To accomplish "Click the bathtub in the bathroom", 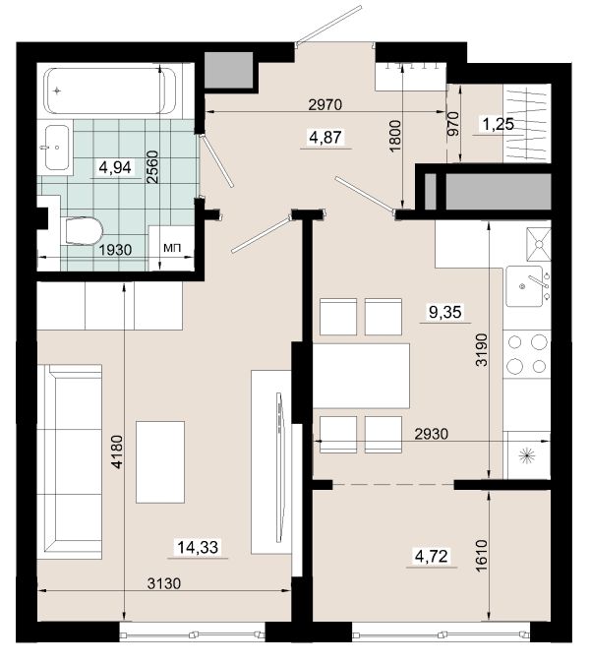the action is pos(109,90).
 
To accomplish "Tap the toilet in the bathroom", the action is pos(85,231).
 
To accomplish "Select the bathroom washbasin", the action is pos(57,148).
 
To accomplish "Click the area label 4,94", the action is pos(115,167).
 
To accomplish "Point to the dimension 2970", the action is pos(324,104).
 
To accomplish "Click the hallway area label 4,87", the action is pos(325,137).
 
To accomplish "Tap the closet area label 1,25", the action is pos(499,124).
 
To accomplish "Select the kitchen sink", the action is pos(525,286).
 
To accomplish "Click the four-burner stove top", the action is pos(527,354).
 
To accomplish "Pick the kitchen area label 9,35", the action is pos(445,312).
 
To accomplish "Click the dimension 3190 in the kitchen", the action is pos(482,349).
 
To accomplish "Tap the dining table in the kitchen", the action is pos(361,376).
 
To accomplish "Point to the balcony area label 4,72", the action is pos(431,556).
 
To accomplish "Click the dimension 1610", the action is pos(482,555).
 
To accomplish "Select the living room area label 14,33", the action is pos(198,547).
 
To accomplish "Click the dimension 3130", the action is pos(164,583).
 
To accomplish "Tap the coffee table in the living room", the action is pos(160,461).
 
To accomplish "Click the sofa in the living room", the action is pos(70,461).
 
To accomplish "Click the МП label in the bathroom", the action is pos(172,248).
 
